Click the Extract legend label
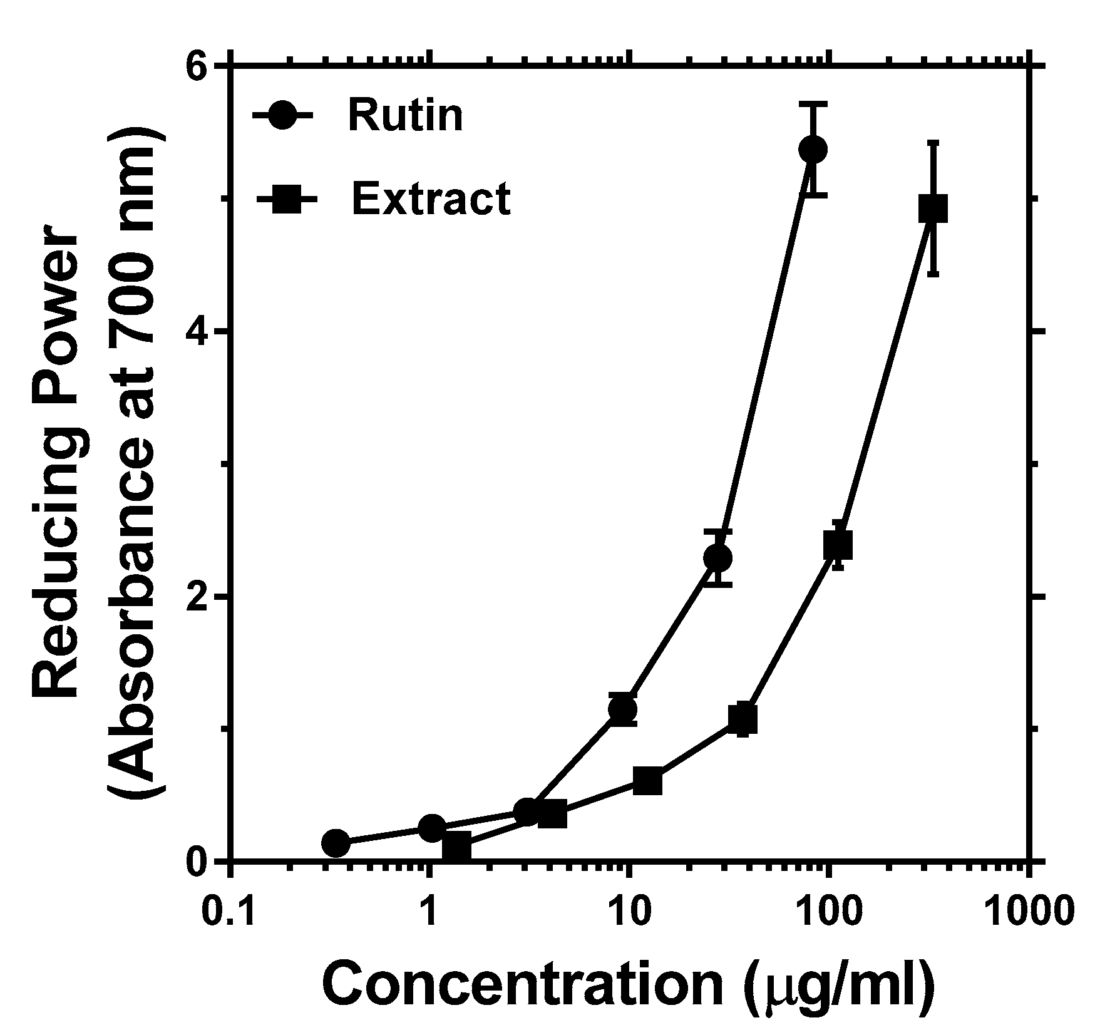[431, 199]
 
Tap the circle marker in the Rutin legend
[282, 115]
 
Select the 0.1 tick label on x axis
[229, 912]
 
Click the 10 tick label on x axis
[629, 912]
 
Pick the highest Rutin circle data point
[813, 149]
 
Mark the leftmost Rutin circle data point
[336, 843]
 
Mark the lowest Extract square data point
[456, 848]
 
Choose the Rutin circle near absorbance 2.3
[717, 557]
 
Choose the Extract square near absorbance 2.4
[838, 545]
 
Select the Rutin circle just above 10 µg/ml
[622, 709]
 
